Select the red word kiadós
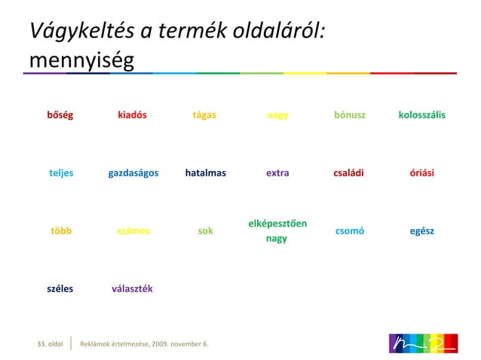[132, 115]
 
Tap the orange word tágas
[204, 115]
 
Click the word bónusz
[350, 115]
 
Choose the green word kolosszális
[421, 115]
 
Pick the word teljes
[61, 172]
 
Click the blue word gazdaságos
[133, 172]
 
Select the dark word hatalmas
[205, 172]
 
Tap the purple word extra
[277, 172]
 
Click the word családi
[348, 172]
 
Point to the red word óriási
[421, 172]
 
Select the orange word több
[61, 230]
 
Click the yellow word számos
[133, 230]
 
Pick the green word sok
[205, 230]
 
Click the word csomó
[349, 230]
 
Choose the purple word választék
[132, 288]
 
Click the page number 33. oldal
[51, 344]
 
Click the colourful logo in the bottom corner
[423, 343]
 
